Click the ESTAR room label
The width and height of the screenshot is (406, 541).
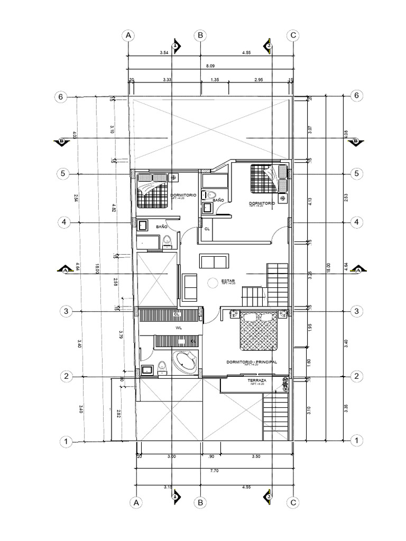click(228, 281)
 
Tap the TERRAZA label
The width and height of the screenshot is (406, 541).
click(256, 380)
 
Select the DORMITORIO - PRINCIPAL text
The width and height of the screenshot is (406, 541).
click(251, 362)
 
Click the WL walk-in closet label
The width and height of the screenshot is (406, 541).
click(171, 328)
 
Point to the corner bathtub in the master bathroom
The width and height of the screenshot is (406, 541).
click(185, 362)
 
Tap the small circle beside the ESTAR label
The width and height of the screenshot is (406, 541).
click(213, 283)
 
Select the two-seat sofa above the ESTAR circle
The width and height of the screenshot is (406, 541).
click(214, 262)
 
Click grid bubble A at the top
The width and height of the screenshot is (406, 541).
click(128, 35)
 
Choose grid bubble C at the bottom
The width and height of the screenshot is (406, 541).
click(292, 502)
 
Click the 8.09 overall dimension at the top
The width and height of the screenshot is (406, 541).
click(210, 67)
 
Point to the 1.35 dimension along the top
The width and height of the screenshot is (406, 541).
click(215, 79)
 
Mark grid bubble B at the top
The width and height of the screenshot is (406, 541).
click(200, 35)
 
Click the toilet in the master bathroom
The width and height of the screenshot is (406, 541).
click(162, 366)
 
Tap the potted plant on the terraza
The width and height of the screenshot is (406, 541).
click(285, 382)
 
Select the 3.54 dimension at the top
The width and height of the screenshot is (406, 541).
click(164, 53)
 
